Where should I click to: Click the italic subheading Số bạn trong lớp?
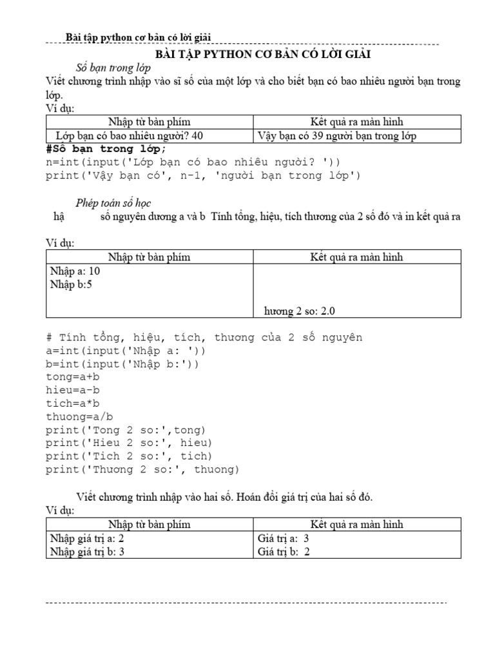[x=113, y=68]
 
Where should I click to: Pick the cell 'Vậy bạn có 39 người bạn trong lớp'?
[x=336, y=135]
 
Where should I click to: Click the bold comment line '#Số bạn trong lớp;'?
[x=106, y=149]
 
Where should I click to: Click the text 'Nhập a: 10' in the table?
[x=75, y=271]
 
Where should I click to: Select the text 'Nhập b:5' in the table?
[x=71, y=284]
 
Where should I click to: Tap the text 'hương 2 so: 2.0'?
[x=299, y=311]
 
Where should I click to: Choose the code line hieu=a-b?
[x=73, y=390]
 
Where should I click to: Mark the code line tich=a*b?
[x=73, y=403]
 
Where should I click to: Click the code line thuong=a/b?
[x=79, y=416]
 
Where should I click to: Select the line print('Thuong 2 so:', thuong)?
[x=142, y=469]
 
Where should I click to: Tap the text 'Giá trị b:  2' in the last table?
[x=284, y=552]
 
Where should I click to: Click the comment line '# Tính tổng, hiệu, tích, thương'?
[x=204, y=337]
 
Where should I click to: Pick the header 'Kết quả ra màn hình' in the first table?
[x=356, y=121]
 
